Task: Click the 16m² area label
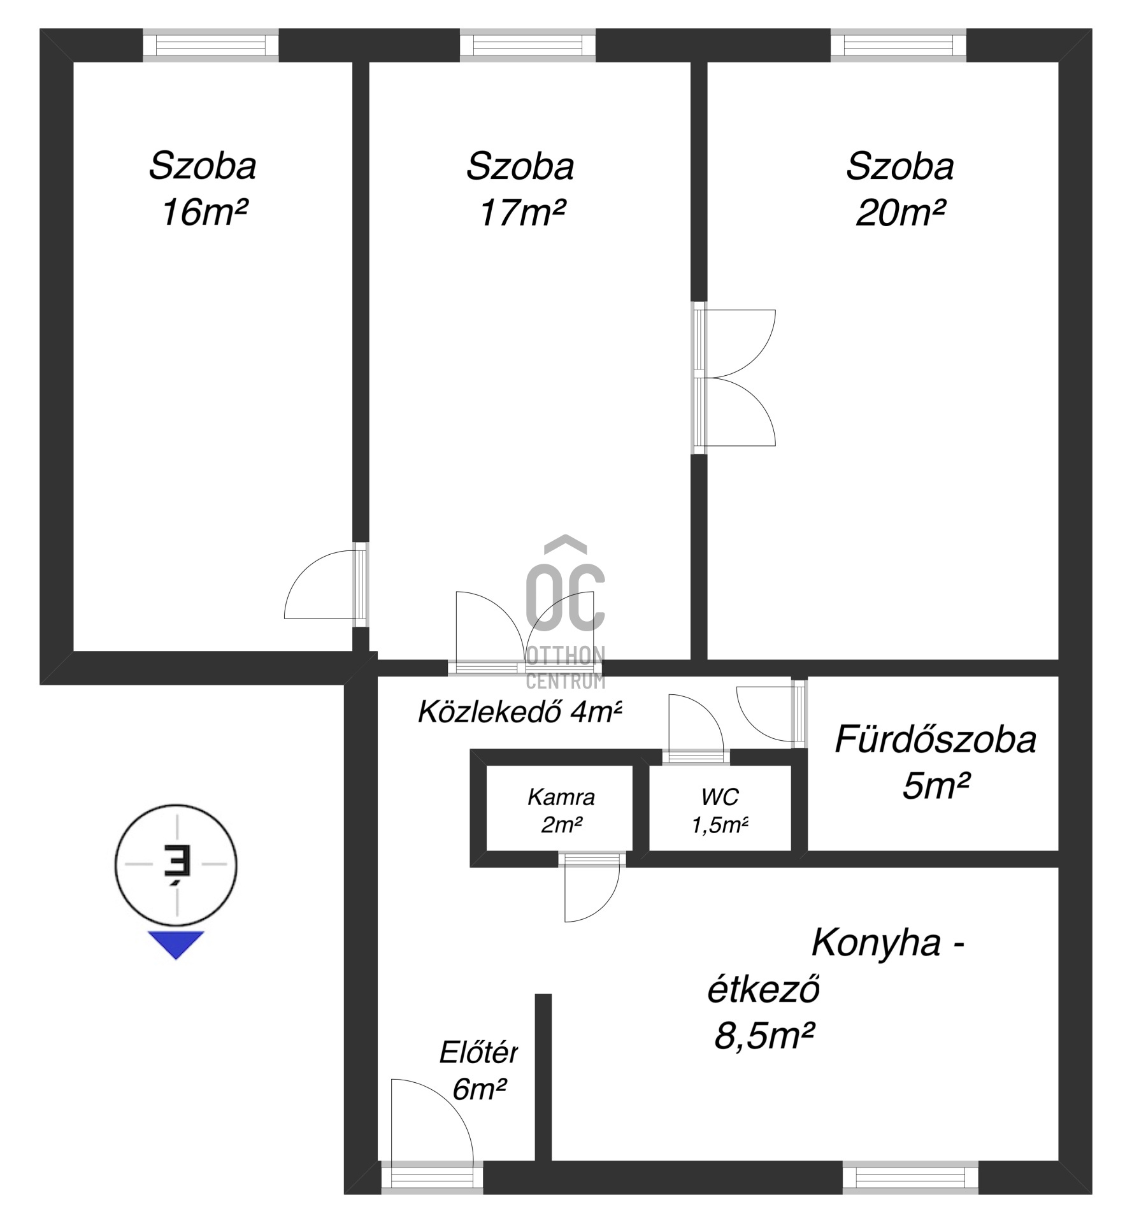pyautogui.click(x=204, y=212)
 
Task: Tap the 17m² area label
pyautogui.click(x=522, y=212)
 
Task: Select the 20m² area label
pyautogui.click(x=899, y=212)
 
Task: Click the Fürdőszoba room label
pyautogui.click(x=935, y=740)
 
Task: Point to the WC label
pyautogui.click(x=720, y=796)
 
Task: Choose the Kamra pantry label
pyautogui.click(x=561, y=797)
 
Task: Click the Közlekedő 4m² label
pyautogui.click(x=519, y=712)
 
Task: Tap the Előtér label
pyautogui.click(x=478, y=1053)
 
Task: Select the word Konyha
pyautogui.click(x=876, y=944)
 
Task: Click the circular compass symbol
pyautogui.click(x=176, y=864)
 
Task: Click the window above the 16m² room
pyautogui.click(x=211, y=45)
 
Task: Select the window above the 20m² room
pyautogui.click(x=898, y=45)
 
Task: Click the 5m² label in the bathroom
pyautogui.click(x=936, y=786)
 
